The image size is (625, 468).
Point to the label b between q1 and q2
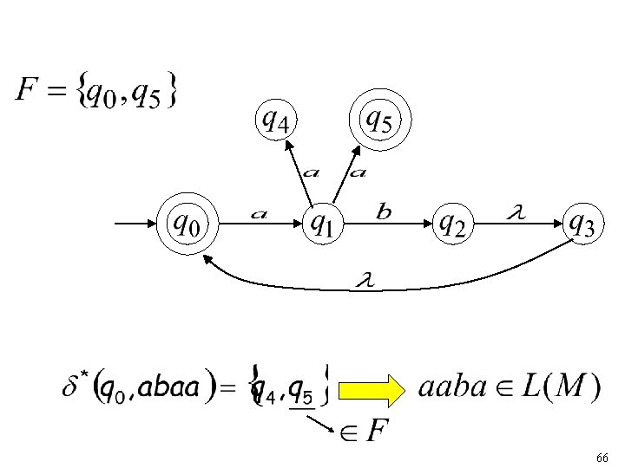[x=384, y=210]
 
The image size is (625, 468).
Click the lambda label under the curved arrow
[x=365, y=279]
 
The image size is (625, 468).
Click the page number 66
[x=602, y=457]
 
